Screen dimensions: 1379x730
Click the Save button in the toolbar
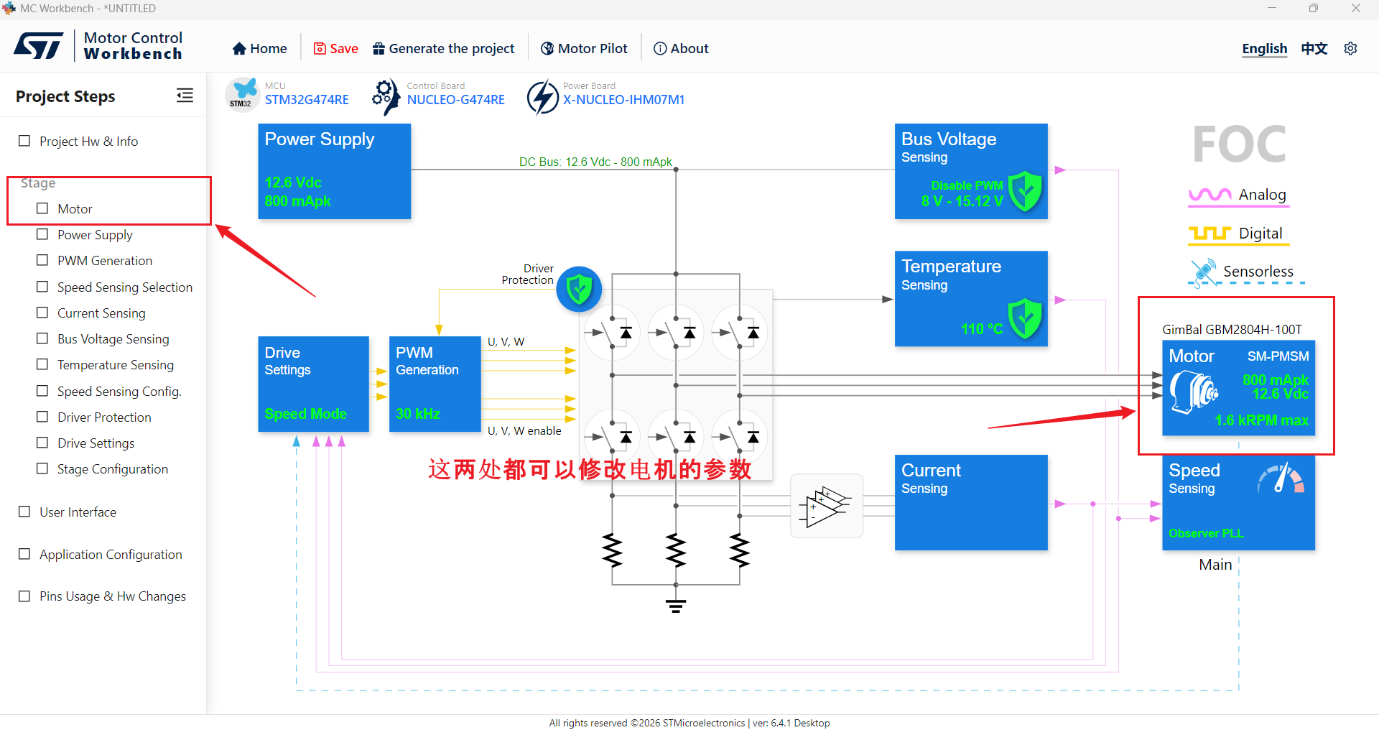335,48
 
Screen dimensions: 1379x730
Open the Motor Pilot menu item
584,48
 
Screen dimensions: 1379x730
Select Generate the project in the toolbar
444,48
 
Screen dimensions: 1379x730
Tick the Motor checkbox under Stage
42,208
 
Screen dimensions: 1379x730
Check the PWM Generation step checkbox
42,260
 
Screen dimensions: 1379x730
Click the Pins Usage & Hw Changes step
113,596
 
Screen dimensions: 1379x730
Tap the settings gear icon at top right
1350,48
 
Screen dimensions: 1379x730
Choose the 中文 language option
1314,48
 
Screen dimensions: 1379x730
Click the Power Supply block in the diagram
335,171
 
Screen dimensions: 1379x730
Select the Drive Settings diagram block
313,384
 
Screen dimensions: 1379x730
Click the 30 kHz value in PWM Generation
418,414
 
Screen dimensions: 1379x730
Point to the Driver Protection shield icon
579,290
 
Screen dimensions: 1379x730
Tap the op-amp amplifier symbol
826,506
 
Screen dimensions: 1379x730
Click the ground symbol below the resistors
675,605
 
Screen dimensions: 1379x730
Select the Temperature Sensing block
971,298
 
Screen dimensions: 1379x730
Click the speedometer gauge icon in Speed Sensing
1281,478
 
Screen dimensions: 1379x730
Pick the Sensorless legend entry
1245,272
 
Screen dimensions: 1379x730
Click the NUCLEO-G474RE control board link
455,100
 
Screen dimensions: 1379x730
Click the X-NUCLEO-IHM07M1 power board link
623,100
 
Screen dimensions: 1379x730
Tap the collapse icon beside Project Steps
185,96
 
